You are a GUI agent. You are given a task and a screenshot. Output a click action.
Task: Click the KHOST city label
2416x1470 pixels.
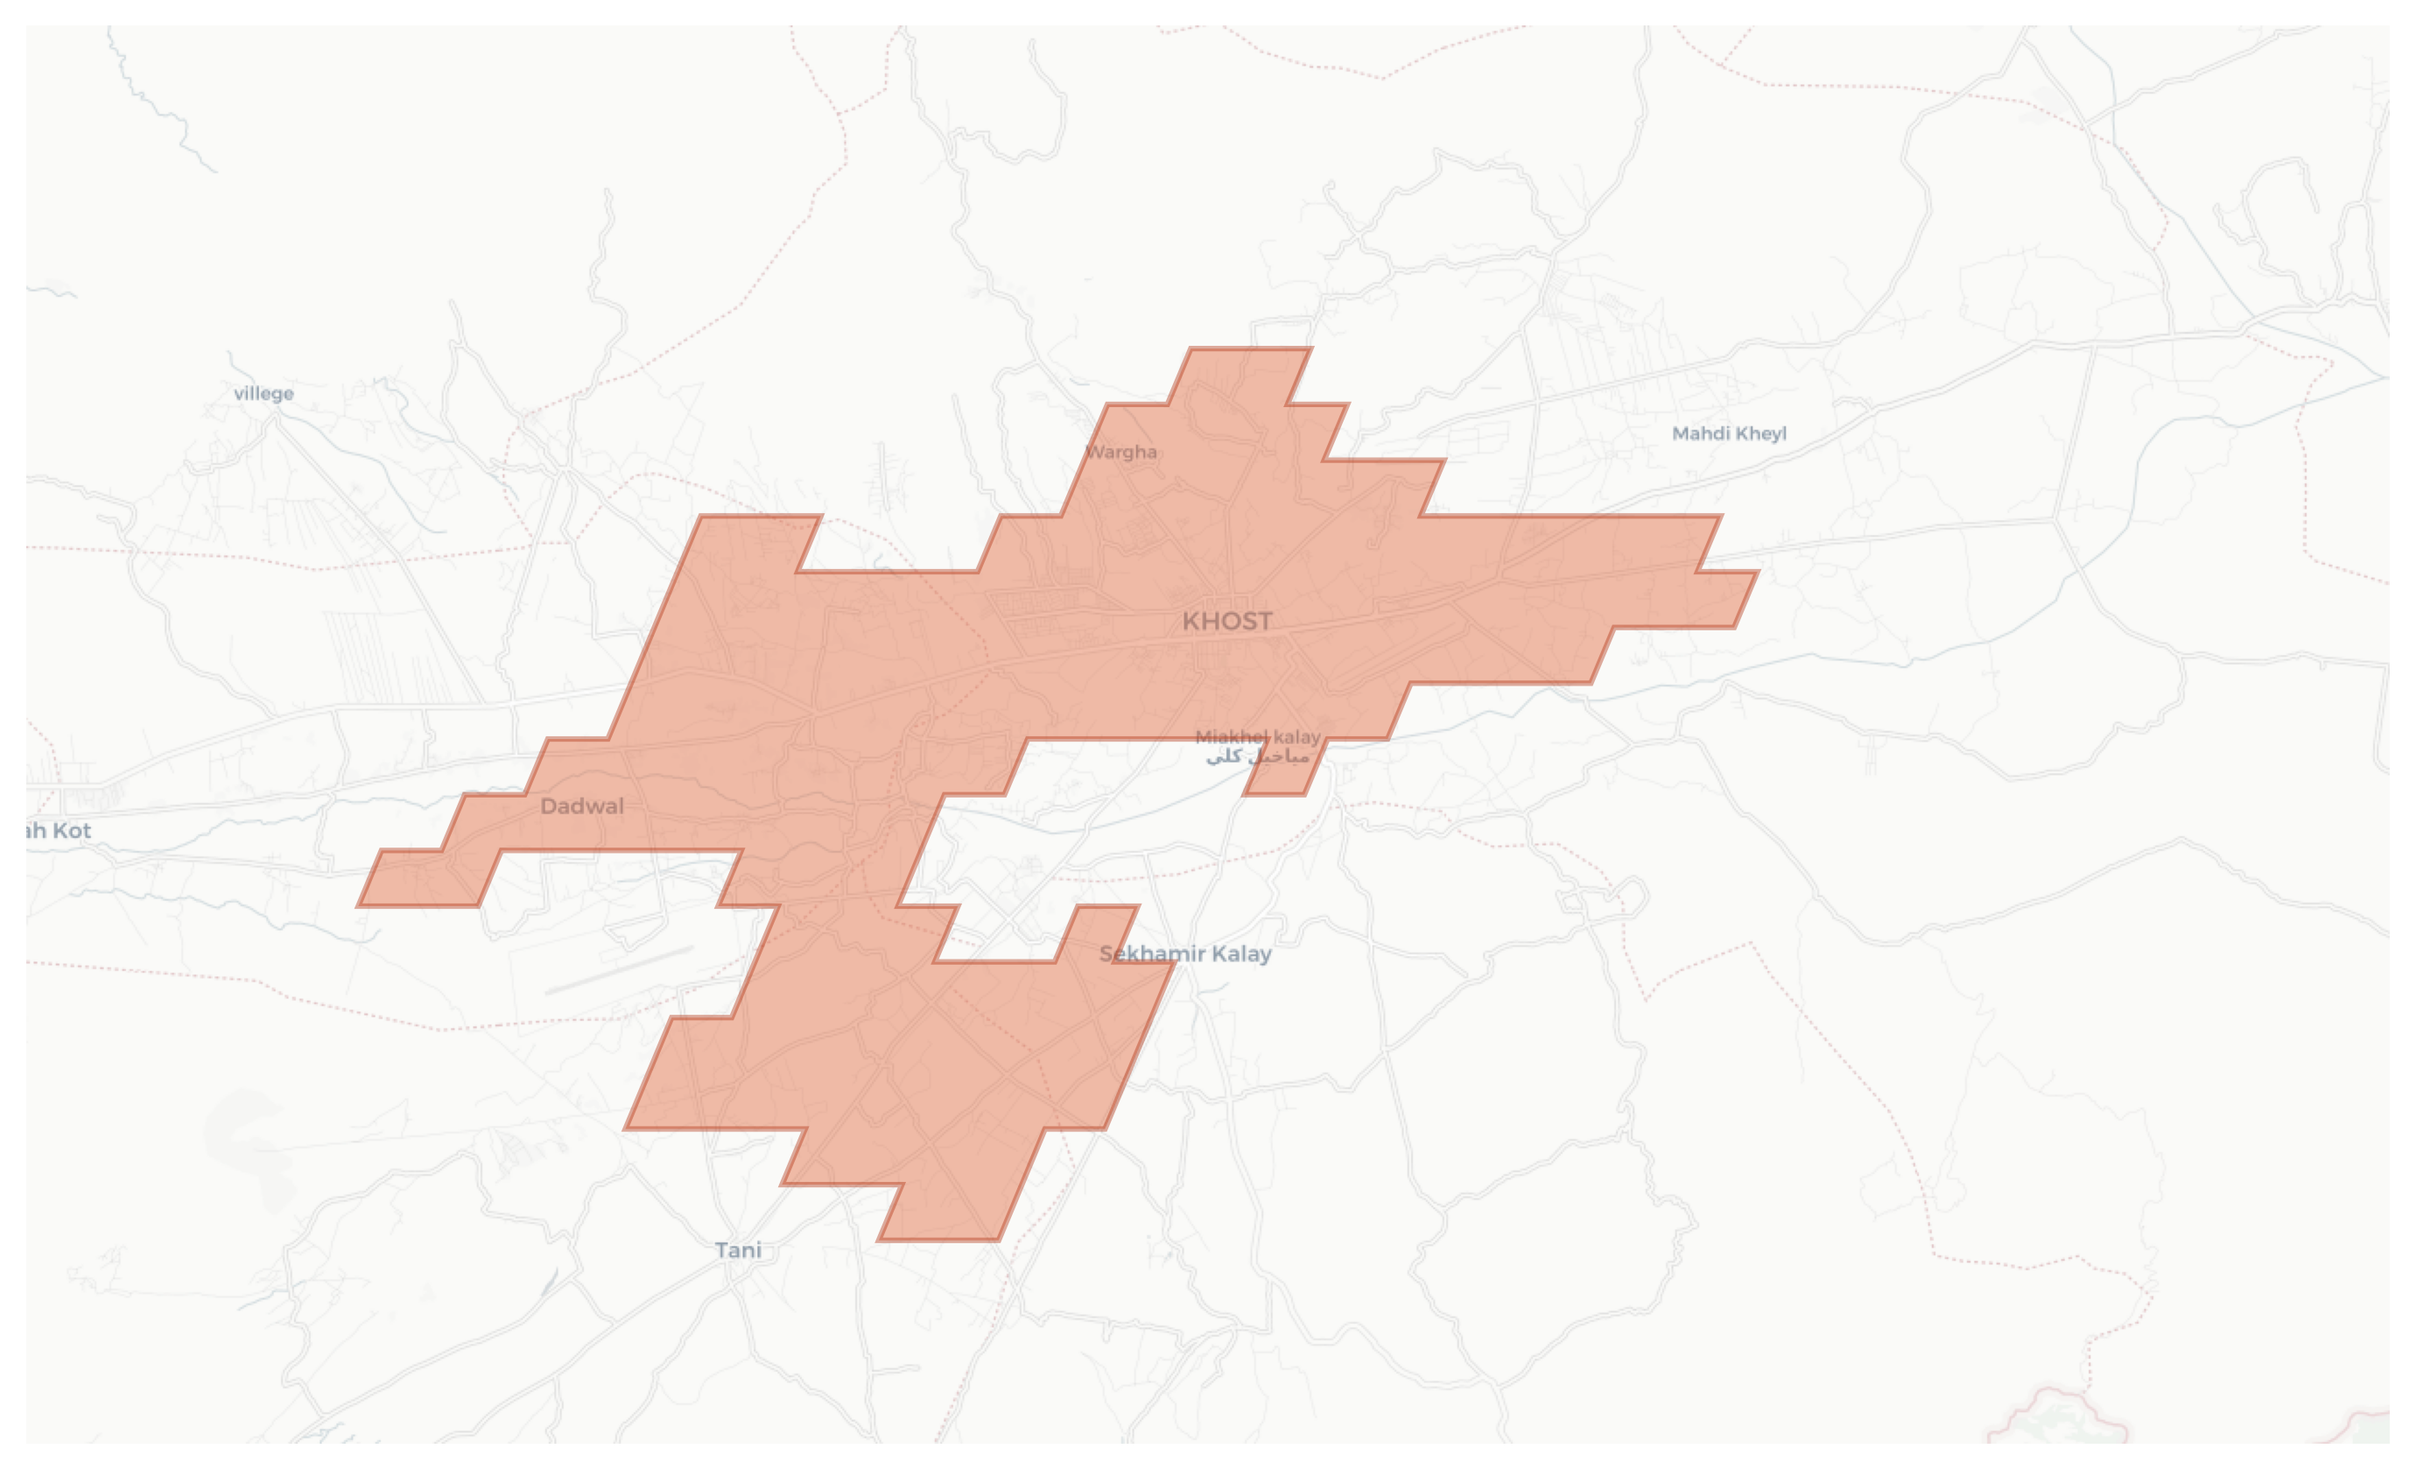click(1226, 621)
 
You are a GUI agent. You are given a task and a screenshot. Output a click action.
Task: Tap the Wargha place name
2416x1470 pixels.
click(1120, 452)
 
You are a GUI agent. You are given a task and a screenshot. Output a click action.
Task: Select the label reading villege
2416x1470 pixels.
click(263, 393)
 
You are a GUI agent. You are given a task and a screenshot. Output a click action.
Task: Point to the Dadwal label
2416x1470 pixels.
click(581, 806)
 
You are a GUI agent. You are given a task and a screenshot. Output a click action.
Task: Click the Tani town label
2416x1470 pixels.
click(737, 1249)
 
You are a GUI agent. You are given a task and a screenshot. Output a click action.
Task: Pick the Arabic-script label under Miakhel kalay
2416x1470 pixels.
click(1257, 756)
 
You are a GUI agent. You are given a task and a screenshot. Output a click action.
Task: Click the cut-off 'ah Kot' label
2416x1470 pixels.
click(59, 831)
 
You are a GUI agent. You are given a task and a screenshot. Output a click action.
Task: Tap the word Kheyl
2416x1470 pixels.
click(1760, 433)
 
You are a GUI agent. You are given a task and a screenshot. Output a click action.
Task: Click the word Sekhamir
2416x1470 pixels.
click(1152, 953)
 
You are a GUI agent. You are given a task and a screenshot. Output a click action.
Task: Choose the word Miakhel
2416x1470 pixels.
click(1232, 736)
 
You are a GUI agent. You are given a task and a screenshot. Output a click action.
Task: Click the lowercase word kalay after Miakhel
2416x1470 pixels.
click(1296, 736)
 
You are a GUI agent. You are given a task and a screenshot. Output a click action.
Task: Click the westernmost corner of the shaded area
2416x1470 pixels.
click(359, 904)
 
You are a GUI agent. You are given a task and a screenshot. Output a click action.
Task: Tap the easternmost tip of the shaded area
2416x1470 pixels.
click(1757, 572)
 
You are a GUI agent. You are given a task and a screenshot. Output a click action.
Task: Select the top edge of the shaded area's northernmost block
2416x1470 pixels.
click(1250, 348)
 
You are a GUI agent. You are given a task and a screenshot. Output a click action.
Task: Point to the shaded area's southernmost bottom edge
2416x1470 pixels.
click(938, 1240)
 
